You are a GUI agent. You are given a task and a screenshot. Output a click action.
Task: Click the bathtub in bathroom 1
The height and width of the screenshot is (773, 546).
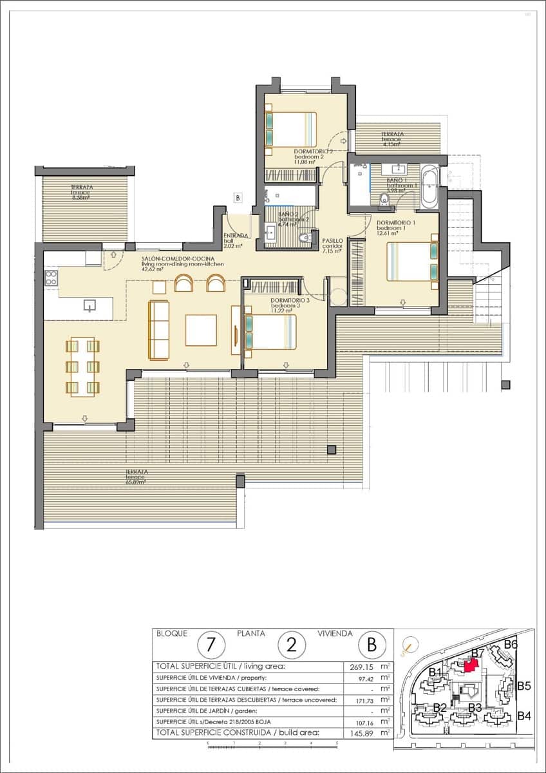point(429,187)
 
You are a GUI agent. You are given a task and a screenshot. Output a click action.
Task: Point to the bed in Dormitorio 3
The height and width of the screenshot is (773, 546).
point(270,332)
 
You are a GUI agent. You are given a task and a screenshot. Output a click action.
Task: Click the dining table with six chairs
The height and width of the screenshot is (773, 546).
point(82,367)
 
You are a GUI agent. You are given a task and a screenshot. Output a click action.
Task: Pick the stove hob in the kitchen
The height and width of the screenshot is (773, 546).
point(51,278)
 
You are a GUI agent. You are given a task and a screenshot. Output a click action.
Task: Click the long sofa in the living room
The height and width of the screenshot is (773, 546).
point(158,330)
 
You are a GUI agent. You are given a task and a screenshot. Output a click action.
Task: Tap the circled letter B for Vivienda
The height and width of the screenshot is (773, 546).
point(372,644)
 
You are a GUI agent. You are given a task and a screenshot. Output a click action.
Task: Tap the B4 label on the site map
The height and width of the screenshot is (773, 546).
point(524,716)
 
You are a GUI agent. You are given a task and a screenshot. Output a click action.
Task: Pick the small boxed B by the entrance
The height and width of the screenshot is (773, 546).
point(238,198)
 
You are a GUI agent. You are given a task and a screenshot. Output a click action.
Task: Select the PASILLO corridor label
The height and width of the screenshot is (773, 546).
point(333,243)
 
